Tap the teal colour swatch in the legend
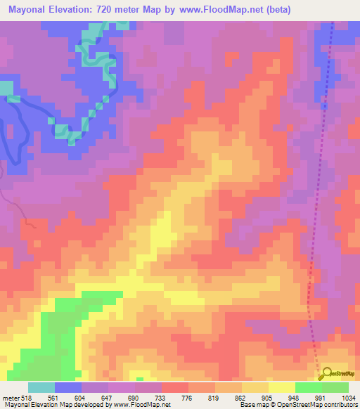point(41,388)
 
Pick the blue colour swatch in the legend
point(67,388)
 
